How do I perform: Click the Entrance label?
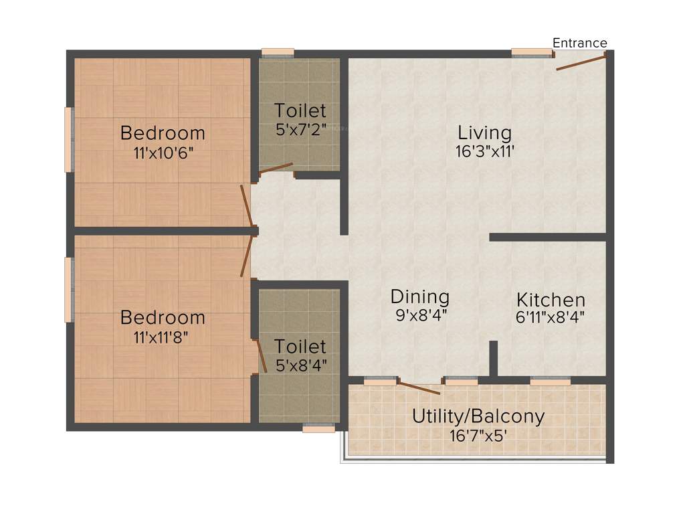point(579,44)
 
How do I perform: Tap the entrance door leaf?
point(581,62)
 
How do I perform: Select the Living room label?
point(484,132)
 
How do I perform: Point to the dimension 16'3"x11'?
point(484,151)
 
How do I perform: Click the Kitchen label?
point(551,299)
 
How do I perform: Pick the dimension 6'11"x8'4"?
point(551,317)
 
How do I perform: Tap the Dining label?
point(420,296)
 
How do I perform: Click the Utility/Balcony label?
point(478,416)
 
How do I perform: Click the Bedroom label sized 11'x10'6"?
point(163,133)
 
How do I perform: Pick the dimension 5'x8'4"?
point(300,365)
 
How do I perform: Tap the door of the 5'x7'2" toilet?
point(276,168)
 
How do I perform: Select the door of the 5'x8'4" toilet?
point(256,355)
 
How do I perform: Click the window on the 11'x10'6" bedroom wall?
point(68,139)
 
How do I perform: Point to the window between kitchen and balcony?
point(550,381)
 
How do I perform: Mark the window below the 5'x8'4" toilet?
point(318,428)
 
